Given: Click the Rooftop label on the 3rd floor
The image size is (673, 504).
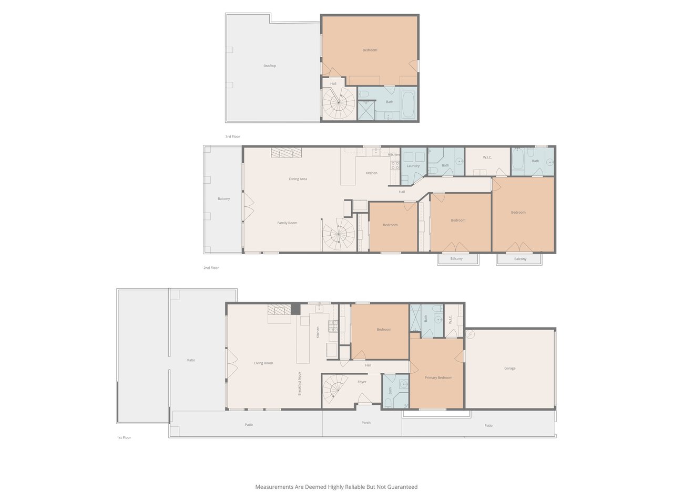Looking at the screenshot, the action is tap(270, 66).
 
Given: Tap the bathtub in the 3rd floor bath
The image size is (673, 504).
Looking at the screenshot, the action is tap(408, 104).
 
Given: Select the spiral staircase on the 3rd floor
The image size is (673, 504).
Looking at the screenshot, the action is tap(339, 103).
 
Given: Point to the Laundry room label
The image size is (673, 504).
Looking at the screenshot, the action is tap(413, 166).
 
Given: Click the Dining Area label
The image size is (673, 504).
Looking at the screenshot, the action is tap(298, 179).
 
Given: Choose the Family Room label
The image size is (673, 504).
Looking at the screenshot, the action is tap(287, 223).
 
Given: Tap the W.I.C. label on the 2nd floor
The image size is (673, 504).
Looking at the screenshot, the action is tap(487, 157).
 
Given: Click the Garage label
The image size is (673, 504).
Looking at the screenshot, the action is tap(509, 369).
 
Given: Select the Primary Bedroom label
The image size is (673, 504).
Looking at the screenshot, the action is tap(438, 377).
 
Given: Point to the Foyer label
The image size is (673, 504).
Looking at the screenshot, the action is tap(362, 382).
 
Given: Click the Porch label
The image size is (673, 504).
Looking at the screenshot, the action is tap(366, 423).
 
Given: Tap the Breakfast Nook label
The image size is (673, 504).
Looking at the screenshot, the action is tap(300, 384).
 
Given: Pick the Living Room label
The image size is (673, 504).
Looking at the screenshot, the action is tap(263, 363).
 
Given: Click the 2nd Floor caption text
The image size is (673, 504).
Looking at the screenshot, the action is tap(211, 268).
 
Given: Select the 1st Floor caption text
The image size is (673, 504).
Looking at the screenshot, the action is tap(124, 438).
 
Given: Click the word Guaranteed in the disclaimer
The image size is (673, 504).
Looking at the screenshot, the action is tap(402, 487).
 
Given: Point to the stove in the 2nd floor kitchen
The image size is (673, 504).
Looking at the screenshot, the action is tap(395, 165).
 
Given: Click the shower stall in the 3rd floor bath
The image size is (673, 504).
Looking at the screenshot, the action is tap(366, 110).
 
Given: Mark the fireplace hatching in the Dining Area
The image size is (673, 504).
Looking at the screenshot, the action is tap(286, 153).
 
